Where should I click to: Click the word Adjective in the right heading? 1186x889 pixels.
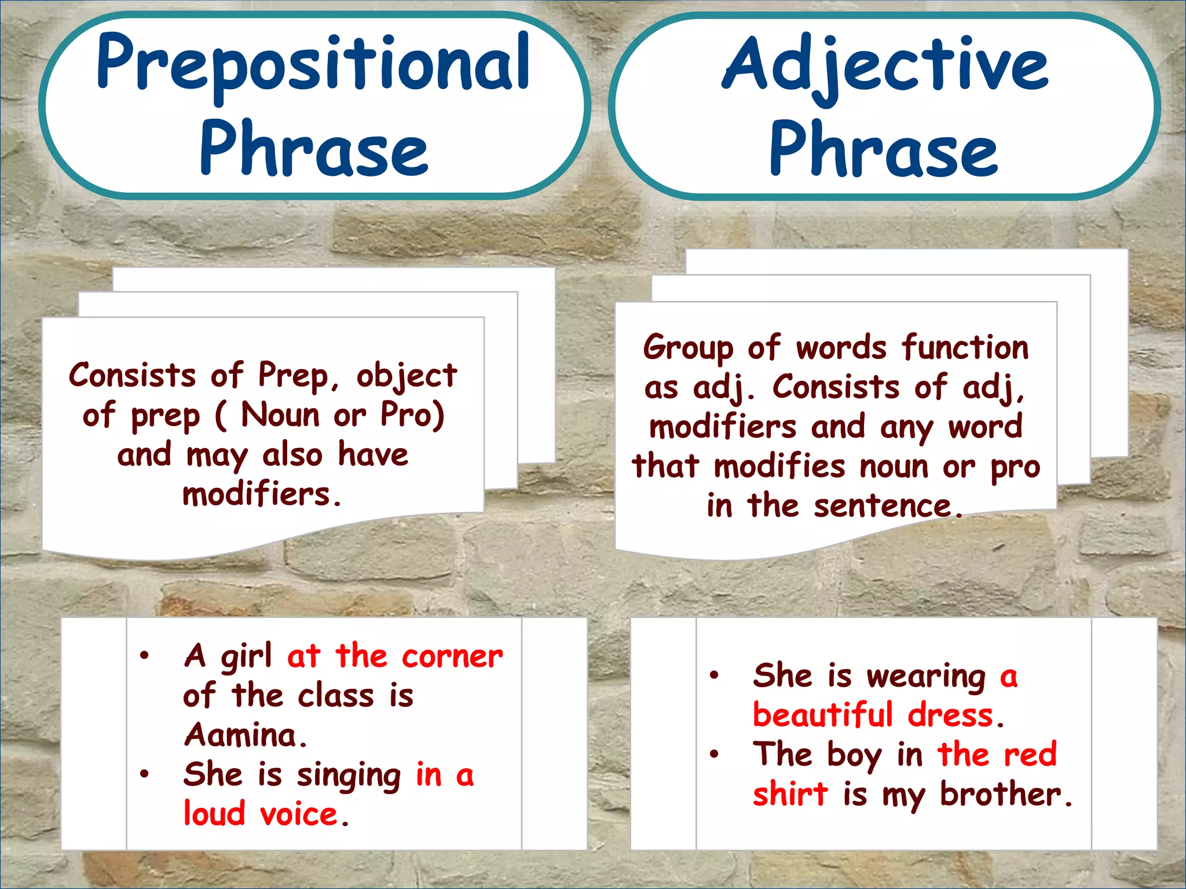point(885,65)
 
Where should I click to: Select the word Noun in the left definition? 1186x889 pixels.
point(280,415)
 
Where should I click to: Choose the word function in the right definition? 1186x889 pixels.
point(965,347)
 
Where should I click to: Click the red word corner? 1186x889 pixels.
point(452,656)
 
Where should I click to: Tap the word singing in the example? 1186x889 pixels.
point(349,776)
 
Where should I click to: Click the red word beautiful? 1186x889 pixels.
point(823,715)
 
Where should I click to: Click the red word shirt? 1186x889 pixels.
point(790,794)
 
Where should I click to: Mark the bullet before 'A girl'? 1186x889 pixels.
point(145,655)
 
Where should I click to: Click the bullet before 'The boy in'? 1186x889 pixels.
point(715,754)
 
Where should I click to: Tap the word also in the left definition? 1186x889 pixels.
point(292,454)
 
